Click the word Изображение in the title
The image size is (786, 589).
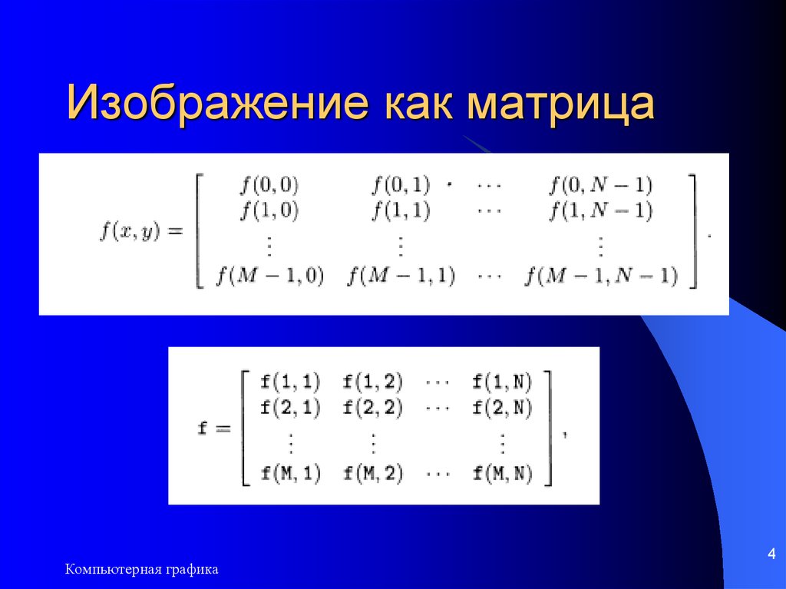(x=215, y=104)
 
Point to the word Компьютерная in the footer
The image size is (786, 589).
(x=111, y=569)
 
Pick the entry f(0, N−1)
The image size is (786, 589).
(x=601, y=184)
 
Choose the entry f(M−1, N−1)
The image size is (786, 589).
(x=601, y=276)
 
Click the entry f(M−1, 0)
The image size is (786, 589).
(x=269, y=276)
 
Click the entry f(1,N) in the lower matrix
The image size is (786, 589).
(x=503, y=380)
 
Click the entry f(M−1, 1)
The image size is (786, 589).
(x=400, y=276)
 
